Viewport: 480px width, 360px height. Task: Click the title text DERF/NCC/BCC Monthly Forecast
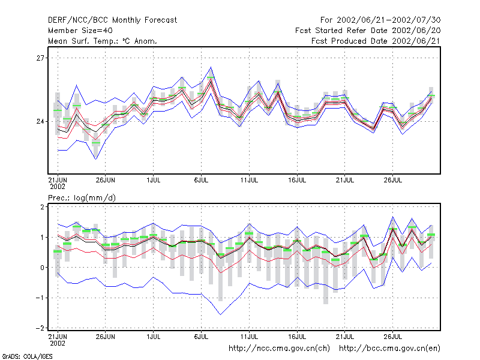pos(112,20)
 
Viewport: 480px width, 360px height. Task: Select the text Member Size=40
pos(80,31)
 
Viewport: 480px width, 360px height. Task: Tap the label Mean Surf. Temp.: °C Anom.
pos(103,41)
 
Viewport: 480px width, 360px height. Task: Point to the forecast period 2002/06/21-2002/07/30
pos(388,20)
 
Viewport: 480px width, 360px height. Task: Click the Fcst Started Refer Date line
pos(368,31)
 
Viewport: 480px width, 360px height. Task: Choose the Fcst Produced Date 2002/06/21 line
pos(376,41)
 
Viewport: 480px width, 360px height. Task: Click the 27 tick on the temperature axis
pos(40,58)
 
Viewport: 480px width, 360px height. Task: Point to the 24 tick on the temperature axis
pos(40,122)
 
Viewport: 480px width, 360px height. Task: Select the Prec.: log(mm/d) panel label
pos(82,198)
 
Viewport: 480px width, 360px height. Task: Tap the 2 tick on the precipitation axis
pos(42,207)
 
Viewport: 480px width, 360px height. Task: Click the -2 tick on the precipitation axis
pos(40,328)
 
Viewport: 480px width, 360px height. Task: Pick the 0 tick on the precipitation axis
pos(42,268)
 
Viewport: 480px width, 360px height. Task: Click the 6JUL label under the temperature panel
pos(201,180)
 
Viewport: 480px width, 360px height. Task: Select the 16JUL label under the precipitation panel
pos(297,337)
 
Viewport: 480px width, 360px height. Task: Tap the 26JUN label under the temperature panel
pos(106,180)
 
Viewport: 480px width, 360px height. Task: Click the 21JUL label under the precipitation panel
pos(344,337)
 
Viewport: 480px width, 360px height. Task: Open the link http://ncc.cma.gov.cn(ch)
pos(279,349)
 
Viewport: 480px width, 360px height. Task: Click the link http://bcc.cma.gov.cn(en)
pos(389,349)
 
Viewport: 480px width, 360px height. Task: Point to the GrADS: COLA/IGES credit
pos(27,356)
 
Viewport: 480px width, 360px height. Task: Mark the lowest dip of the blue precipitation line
pos(220,314)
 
